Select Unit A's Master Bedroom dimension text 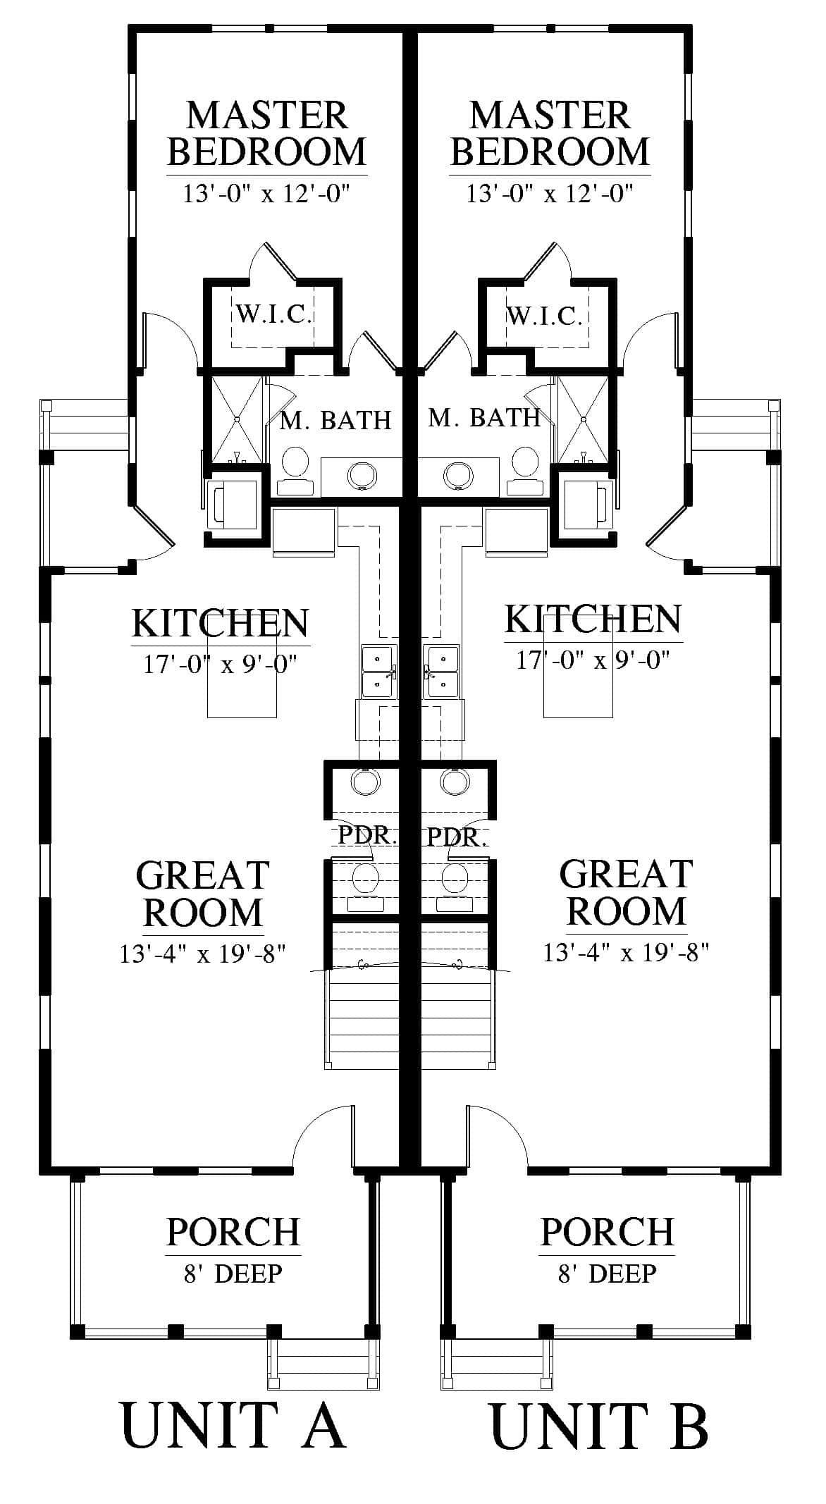[x=266, y=192]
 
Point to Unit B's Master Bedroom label [x=550, y=133]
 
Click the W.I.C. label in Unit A [x=273, y=314]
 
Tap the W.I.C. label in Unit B [x=544, y=316]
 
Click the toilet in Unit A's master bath [x=293, y=472]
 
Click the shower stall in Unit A [x=236, y=420]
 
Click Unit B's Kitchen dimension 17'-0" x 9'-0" [x=593, y=660]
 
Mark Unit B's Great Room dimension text [x=625, y=953]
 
